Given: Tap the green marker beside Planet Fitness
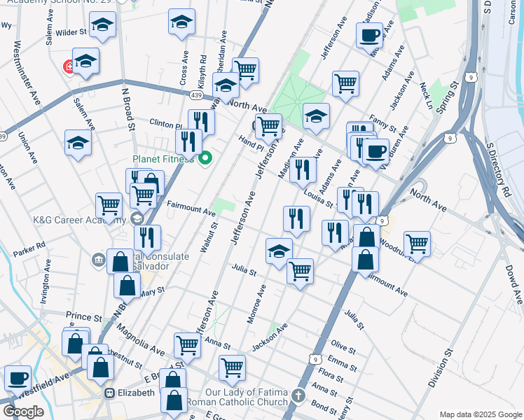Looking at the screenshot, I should pyautogui.click(x=205, y=159).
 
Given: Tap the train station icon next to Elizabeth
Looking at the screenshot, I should pyautogui.click(x=110, y=393).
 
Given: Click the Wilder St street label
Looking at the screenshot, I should pyautogui.click(x=71, y=31).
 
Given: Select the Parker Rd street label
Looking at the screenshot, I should pyautogui.click(x=29, y=246).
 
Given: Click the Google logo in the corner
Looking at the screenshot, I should pyautogui.click(x=23, y=412).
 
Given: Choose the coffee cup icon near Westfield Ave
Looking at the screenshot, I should pyautogui.click(x=18, y=378).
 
